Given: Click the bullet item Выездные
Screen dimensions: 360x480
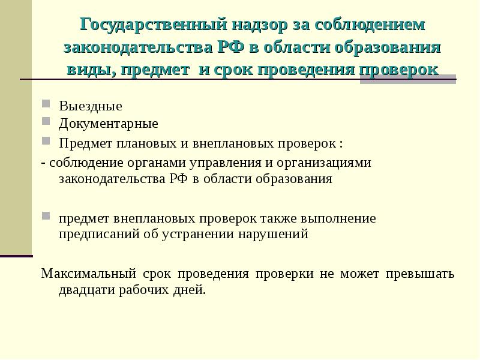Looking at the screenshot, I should click(91, 107).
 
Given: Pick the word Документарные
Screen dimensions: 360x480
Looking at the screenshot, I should click(109, 124).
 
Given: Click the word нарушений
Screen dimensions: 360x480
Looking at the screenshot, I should click(280, 235).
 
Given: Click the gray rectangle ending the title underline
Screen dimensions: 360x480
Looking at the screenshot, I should click(408, 81).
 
